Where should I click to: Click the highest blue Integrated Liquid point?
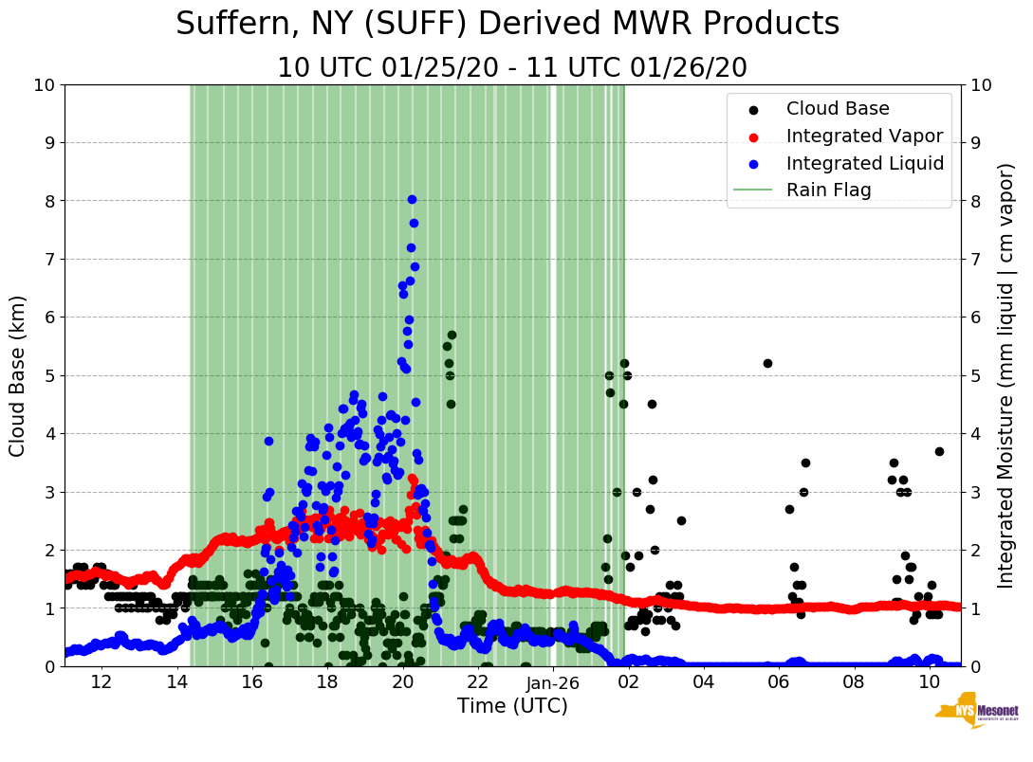coord(412,199)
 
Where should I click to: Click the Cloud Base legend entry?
coord(838,109)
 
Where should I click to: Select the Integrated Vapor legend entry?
coord(864,136)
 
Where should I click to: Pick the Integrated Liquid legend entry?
coord(864,163)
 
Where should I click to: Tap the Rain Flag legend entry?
coord(828,190)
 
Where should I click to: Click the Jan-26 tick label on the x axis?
coord(553,682)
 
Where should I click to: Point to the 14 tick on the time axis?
coord(176,682)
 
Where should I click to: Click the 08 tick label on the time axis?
coord(854,682)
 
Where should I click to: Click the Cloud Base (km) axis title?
coord(18,375)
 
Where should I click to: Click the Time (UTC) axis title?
coord(512,706)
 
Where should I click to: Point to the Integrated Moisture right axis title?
coord(1006,375)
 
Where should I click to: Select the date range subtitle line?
coord(512,68)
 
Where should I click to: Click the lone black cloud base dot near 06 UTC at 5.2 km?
coord(767,363)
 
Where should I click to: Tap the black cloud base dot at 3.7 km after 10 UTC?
coord(939,451)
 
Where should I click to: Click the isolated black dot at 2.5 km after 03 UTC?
coord(681,520)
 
